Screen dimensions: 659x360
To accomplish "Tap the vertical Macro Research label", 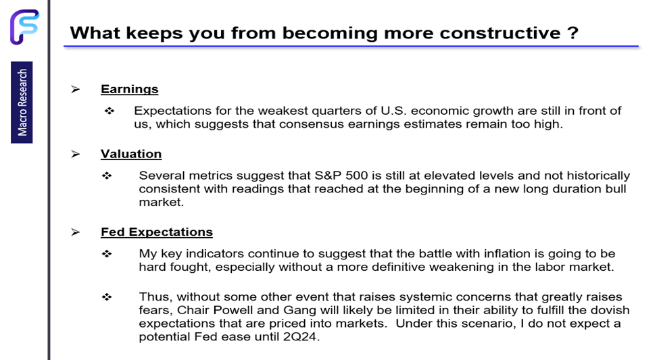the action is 22,103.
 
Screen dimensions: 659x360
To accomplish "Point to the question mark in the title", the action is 572,33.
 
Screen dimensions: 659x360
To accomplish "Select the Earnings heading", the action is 130,89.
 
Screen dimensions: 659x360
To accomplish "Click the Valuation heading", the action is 131,154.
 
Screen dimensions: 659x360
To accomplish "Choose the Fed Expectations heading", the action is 157,232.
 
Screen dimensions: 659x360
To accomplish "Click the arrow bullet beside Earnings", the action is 76,89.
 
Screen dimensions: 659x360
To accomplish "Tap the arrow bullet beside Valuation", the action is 76,154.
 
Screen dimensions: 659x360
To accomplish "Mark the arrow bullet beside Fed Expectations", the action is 76,232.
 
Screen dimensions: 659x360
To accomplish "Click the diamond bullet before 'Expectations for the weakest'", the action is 109,111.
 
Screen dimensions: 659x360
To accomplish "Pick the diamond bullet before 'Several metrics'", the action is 107,176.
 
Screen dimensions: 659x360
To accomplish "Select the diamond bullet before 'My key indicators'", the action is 107,254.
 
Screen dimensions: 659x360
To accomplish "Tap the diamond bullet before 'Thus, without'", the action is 107,297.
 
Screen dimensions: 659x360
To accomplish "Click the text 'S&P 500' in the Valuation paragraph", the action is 341,175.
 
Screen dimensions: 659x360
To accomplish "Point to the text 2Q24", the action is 299,337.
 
